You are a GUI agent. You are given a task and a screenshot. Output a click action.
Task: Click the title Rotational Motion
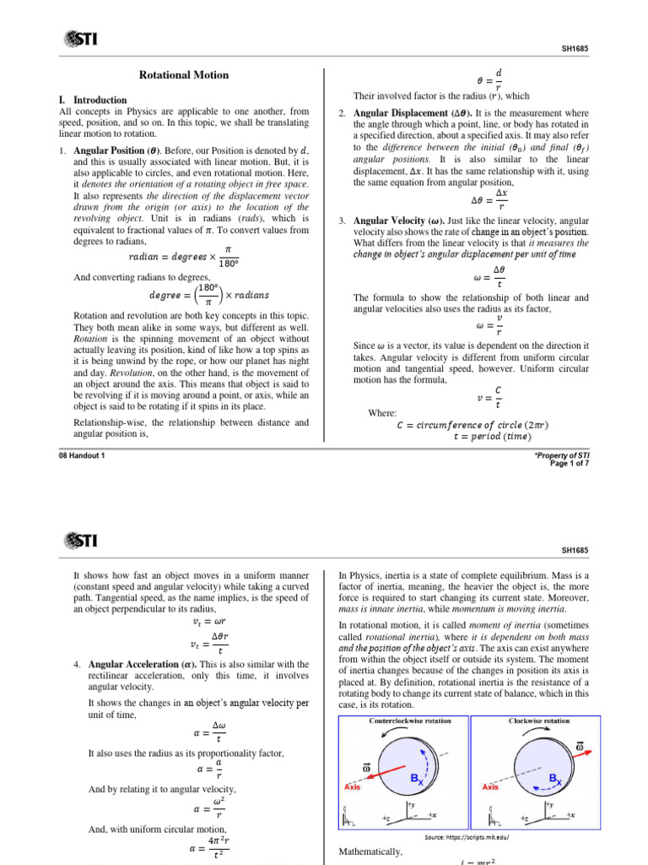tap(183, 75)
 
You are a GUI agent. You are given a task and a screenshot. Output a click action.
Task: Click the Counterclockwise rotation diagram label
tap(410, 721)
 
